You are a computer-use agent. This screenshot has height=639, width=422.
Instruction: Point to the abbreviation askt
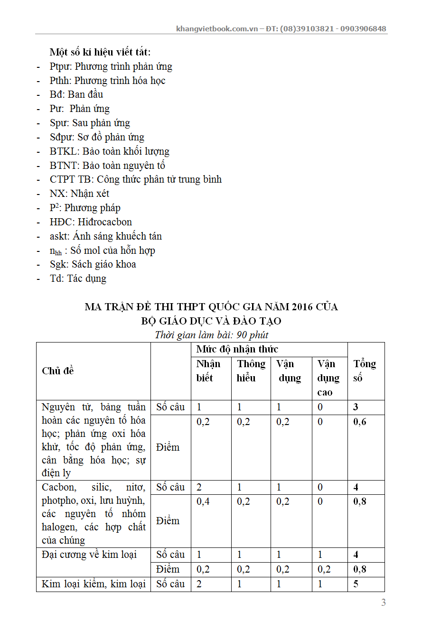click(x=59, y=237)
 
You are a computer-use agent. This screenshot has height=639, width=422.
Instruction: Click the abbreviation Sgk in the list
click(x=58, y=265)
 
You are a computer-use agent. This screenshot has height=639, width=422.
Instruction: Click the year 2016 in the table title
click(x=299, y=307)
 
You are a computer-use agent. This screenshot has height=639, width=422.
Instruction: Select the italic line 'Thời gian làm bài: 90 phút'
click(x=211, y=335)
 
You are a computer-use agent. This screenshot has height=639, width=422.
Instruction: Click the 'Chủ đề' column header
click(x=58, y=371)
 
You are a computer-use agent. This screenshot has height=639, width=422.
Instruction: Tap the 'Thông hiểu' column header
click(x=251, y=371)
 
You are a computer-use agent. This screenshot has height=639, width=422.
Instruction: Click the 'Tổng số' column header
click(x=365, y=371)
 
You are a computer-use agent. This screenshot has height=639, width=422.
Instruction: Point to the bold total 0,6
click(x=360, y=422)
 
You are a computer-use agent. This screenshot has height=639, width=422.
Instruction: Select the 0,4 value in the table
click(x=203, y=501)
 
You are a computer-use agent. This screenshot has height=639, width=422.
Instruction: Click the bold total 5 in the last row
click(x=356, y=584)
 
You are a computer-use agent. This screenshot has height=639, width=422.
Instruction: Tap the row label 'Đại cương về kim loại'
click(x=89, y=555)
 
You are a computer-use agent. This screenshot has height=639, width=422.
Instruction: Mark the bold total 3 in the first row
click(x=356, y=407)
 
